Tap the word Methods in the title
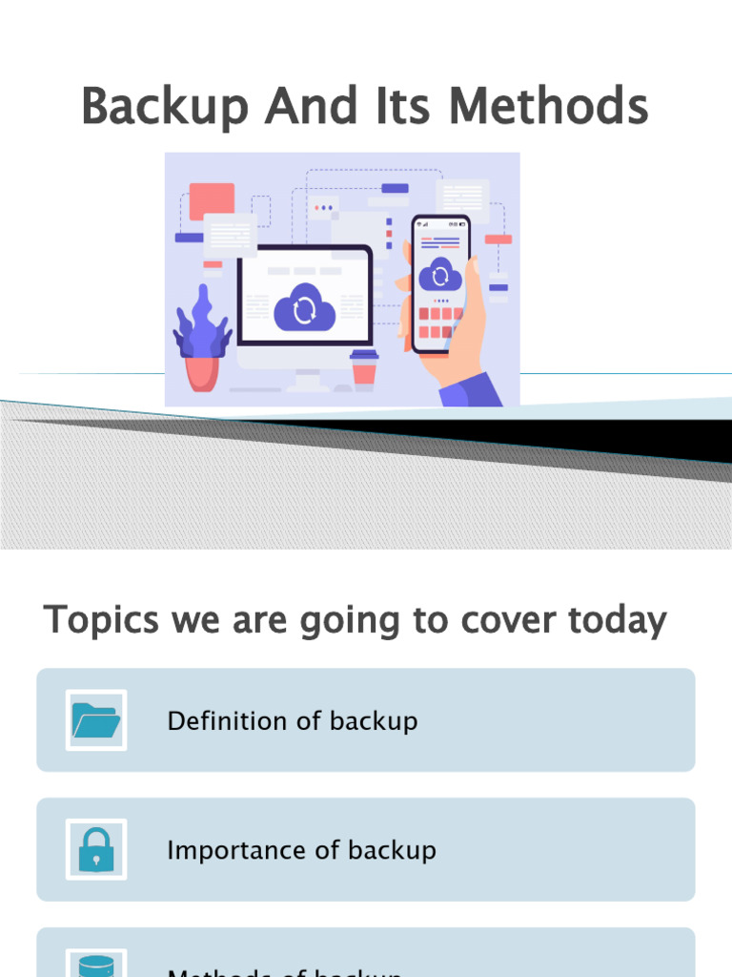pyautogui.click(x=548, y=107)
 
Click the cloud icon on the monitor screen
pyautogui.click(x=305, y=307)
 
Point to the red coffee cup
pyautogui.click(x=364, y=369)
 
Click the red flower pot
pyautogui.click(x=201, y=372)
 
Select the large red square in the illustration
pyautogui.click(x=212, y=200)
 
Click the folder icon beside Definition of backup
pyautogui.click(x=96, y=720)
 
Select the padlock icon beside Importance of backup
pyautogui.click(x=96, y=849)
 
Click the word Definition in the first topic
pyautogui.click(x=229, y=721)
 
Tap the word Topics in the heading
pyautogui.click(x=101, y=621)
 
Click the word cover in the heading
pyautogui.click(x=511, y=621)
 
